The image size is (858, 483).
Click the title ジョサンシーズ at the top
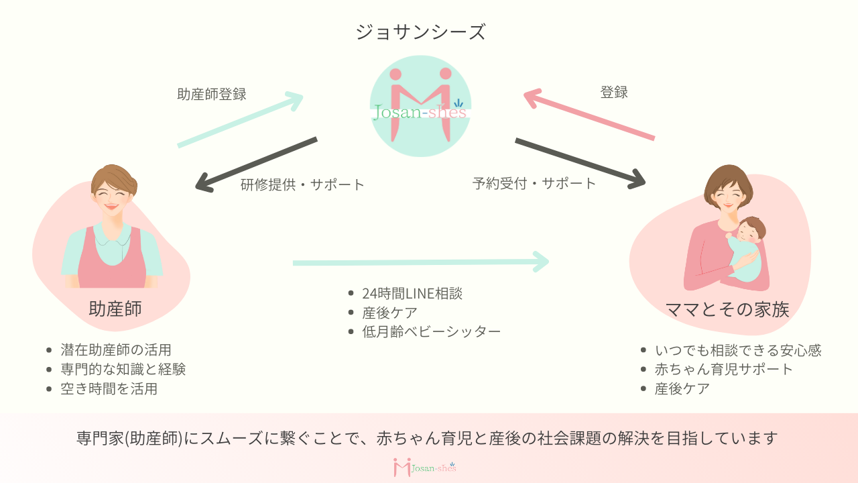(420, 32)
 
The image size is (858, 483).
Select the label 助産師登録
(212, 95)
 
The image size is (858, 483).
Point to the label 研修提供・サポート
(302, 184)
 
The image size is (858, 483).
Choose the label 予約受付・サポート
(534, 183)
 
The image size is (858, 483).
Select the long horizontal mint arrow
(420, 262)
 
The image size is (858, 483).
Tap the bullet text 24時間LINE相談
(412, 293)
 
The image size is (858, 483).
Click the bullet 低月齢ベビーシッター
(431, 331)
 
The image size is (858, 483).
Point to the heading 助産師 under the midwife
(115, 309)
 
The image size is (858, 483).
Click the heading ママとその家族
(727, 309)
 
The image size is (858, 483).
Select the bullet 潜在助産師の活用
(116, 350)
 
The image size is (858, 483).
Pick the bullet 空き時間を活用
(109, 388)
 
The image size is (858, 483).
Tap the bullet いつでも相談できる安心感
(737, 350)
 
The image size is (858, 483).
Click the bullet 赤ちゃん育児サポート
(723, 369)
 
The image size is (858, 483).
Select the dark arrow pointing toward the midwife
(255, 164)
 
